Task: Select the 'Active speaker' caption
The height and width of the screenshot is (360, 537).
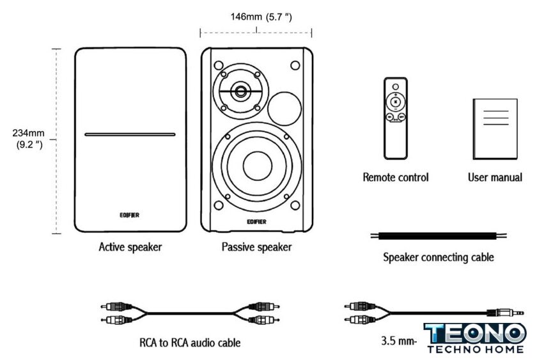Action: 130,247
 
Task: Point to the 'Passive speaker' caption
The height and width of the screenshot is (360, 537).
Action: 256,247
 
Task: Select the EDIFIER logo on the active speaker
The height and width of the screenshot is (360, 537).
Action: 130,215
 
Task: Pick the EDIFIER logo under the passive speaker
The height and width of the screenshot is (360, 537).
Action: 256,223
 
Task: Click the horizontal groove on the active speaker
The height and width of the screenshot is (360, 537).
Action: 130,135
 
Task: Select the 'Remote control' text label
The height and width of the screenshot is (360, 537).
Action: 396,177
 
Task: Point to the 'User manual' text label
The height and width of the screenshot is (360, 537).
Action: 495,177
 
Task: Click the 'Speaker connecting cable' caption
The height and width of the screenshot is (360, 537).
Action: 439,258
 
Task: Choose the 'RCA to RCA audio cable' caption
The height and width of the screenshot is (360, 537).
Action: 190,343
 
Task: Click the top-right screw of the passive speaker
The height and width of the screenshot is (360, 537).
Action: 295,65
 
